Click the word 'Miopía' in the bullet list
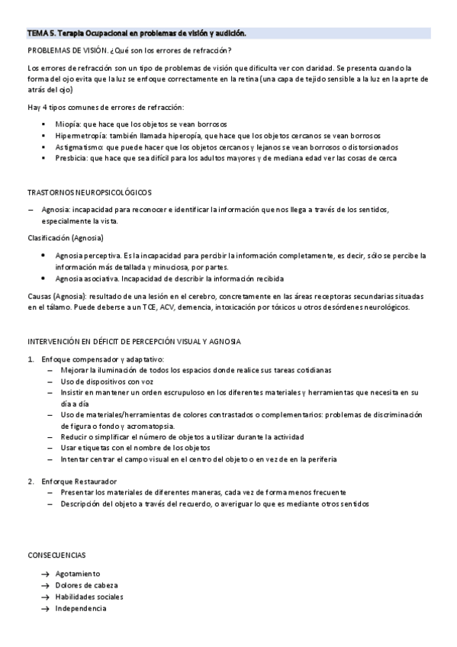[69, 124]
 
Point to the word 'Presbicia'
[72, 158]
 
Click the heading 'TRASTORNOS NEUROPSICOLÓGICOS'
[89, 192]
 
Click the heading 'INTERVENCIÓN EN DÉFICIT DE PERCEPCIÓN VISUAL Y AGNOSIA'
[134, 341]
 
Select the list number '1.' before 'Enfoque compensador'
[31, 359]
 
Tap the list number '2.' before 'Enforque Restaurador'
[31, 481]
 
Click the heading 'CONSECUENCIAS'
[56, 555]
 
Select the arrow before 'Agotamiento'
[47, 574]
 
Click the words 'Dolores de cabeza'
[86, 585]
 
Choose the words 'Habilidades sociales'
[89, 597]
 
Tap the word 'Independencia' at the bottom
[81, 608]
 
